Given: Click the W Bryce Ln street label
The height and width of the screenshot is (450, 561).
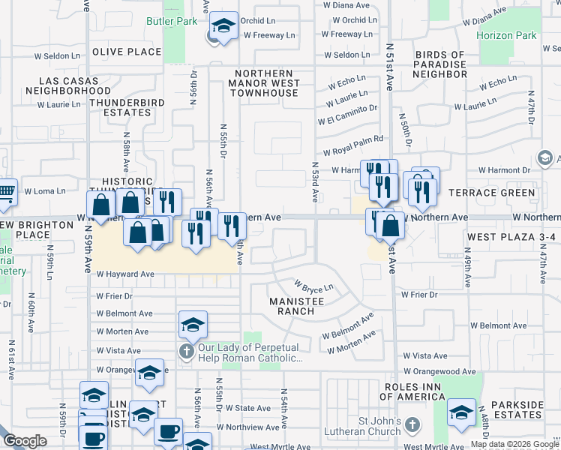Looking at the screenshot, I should pyautogui.click(x=313, y=286).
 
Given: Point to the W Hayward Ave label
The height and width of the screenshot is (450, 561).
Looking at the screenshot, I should pyautogui.click(x=124, y=274).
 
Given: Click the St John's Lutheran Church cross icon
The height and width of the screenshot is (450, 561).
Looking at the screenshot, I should pyautogui.click(x=411, y=426).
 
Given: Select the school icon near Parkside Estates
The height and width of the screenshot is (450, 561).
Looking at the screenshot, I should pyautogui.click(x=461, y=412).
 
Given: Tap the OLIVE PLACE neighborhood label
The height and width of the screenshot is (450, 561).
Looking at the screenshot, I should pyautogui.click(x=127, y=52).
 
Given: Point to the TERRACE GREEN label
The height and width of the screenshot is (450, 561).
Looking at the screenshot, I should pyautogui.click(x=492, y=193).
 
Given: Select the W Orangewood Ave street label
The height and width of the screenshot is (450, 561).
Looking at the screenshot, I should pyautogui.click(x=439, y=371).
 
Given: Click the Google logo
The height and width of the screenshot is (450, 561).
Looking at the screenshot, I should pyautogui.click(x=24, y=441).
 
